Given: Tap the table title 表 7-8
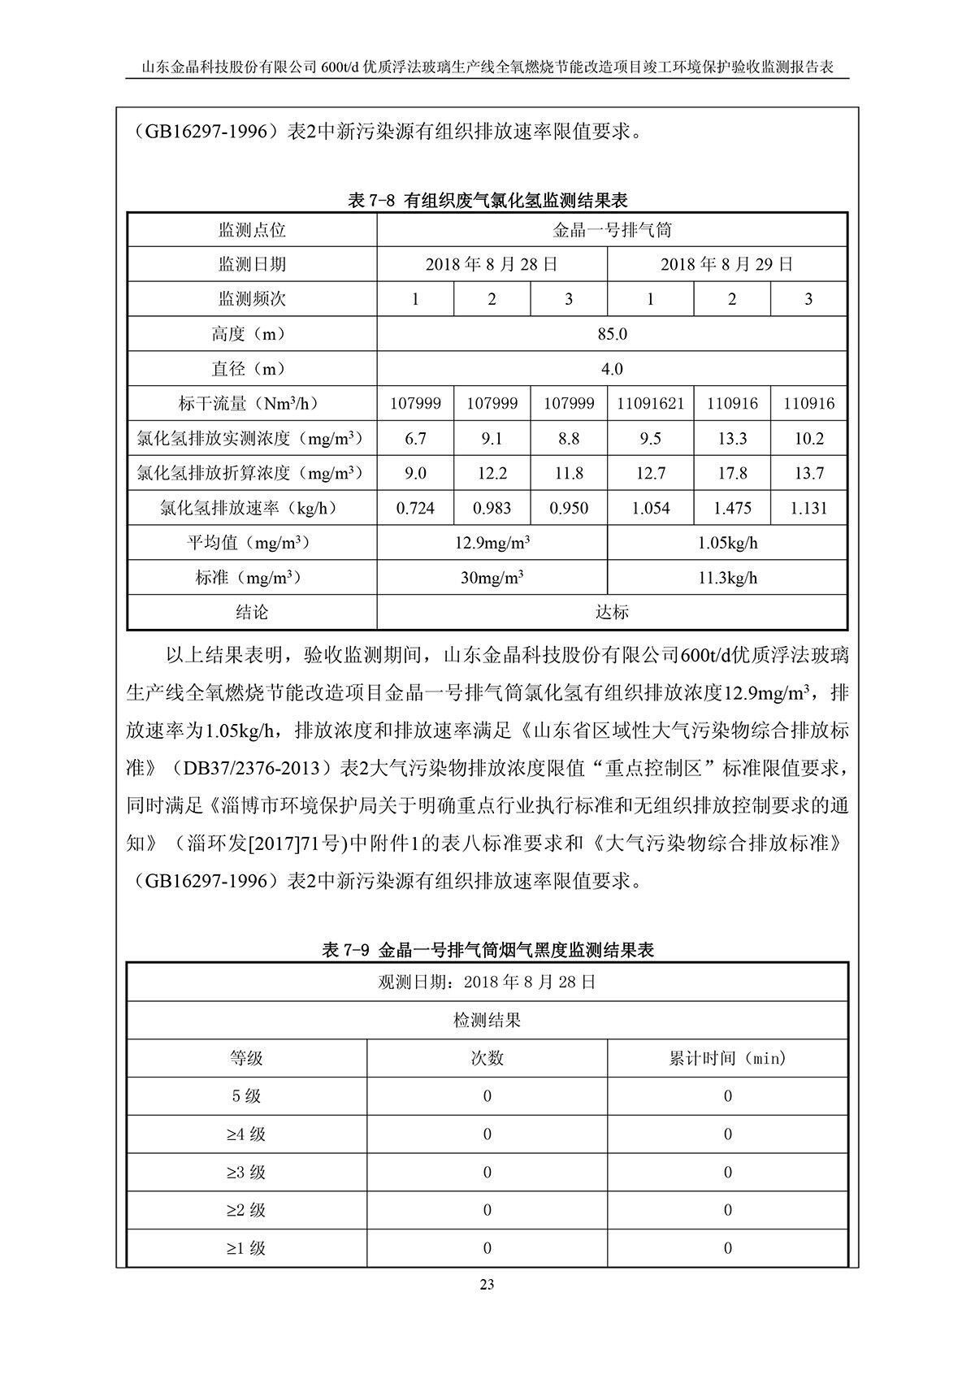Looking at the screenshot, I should (487, 200).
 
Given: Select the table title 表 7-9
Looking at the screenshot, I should (487, 949).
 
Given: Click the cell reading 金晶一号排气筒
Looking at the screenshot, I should (612, 230).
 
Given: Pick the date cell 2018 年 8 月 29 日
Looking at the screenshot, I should (726, 264).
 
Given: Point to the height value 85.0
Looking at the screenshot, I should (612, 334).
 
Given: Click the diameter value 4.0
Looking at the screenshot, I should (612, 369).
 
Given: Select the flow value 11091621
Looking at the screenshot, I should (650, 403).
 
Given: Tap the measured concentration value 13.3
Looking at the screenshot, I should (731, 439).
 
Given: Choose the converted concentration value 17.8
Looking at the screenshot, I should (731, 473).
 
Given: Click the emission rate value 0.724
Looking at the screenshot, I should (415, 509).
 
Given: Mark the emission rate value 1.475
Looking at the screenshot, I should (731, 509).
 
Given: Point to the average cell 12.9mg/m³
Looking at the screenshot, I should (492, 543).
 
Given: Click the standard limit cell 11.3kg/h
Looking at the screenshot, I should (726, 578).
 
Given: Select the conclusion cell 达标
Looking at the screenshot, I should (612, 612).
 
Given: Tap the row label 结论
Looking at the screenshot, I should (252, 612).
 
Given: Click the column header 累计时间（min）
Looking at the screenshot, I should (727, 1058).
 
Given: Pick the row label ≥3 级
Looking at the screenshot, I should (246, 1172).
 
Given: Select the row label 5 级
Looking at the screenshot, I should (246, 1096).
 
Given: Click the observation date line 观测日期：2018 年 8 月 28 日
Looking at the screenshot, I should (487, 982).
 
